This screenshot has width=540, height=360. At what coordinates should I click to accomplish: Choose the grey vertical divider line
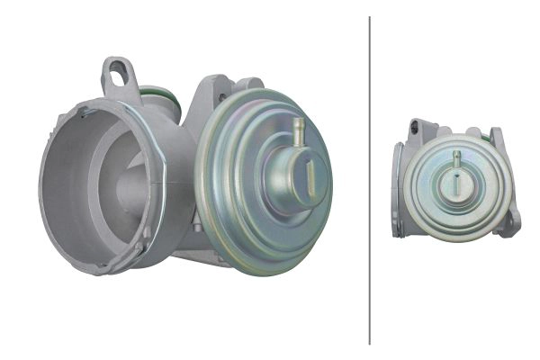click(x=370, y=180)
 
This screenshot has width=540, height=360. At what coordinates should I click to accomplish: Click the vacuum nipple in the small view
click(x=457, y=159)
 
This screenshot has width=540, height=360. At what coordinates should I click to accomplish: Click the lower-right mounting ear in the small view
click(x=509, y=221)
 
